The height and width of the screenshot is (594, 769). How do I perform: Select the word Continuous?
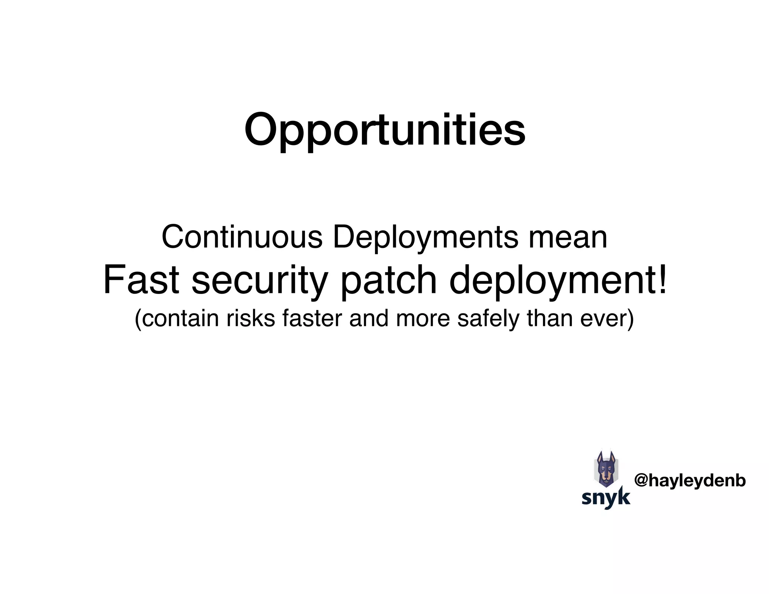tap(242, 237)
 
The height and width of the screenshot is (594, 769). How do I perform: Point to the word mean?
tap(567, 237)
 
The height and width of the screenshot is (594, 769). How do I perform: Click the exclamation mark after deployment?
tap(662, 280)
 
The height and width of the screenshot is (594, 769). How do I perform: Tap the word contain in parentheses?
tap(180, 318)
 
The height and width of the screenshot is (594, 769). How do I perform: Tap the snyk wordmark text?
tap(606, 498)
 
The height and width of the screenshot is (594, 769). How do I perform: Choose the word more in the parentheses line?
tap(423, 318)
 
